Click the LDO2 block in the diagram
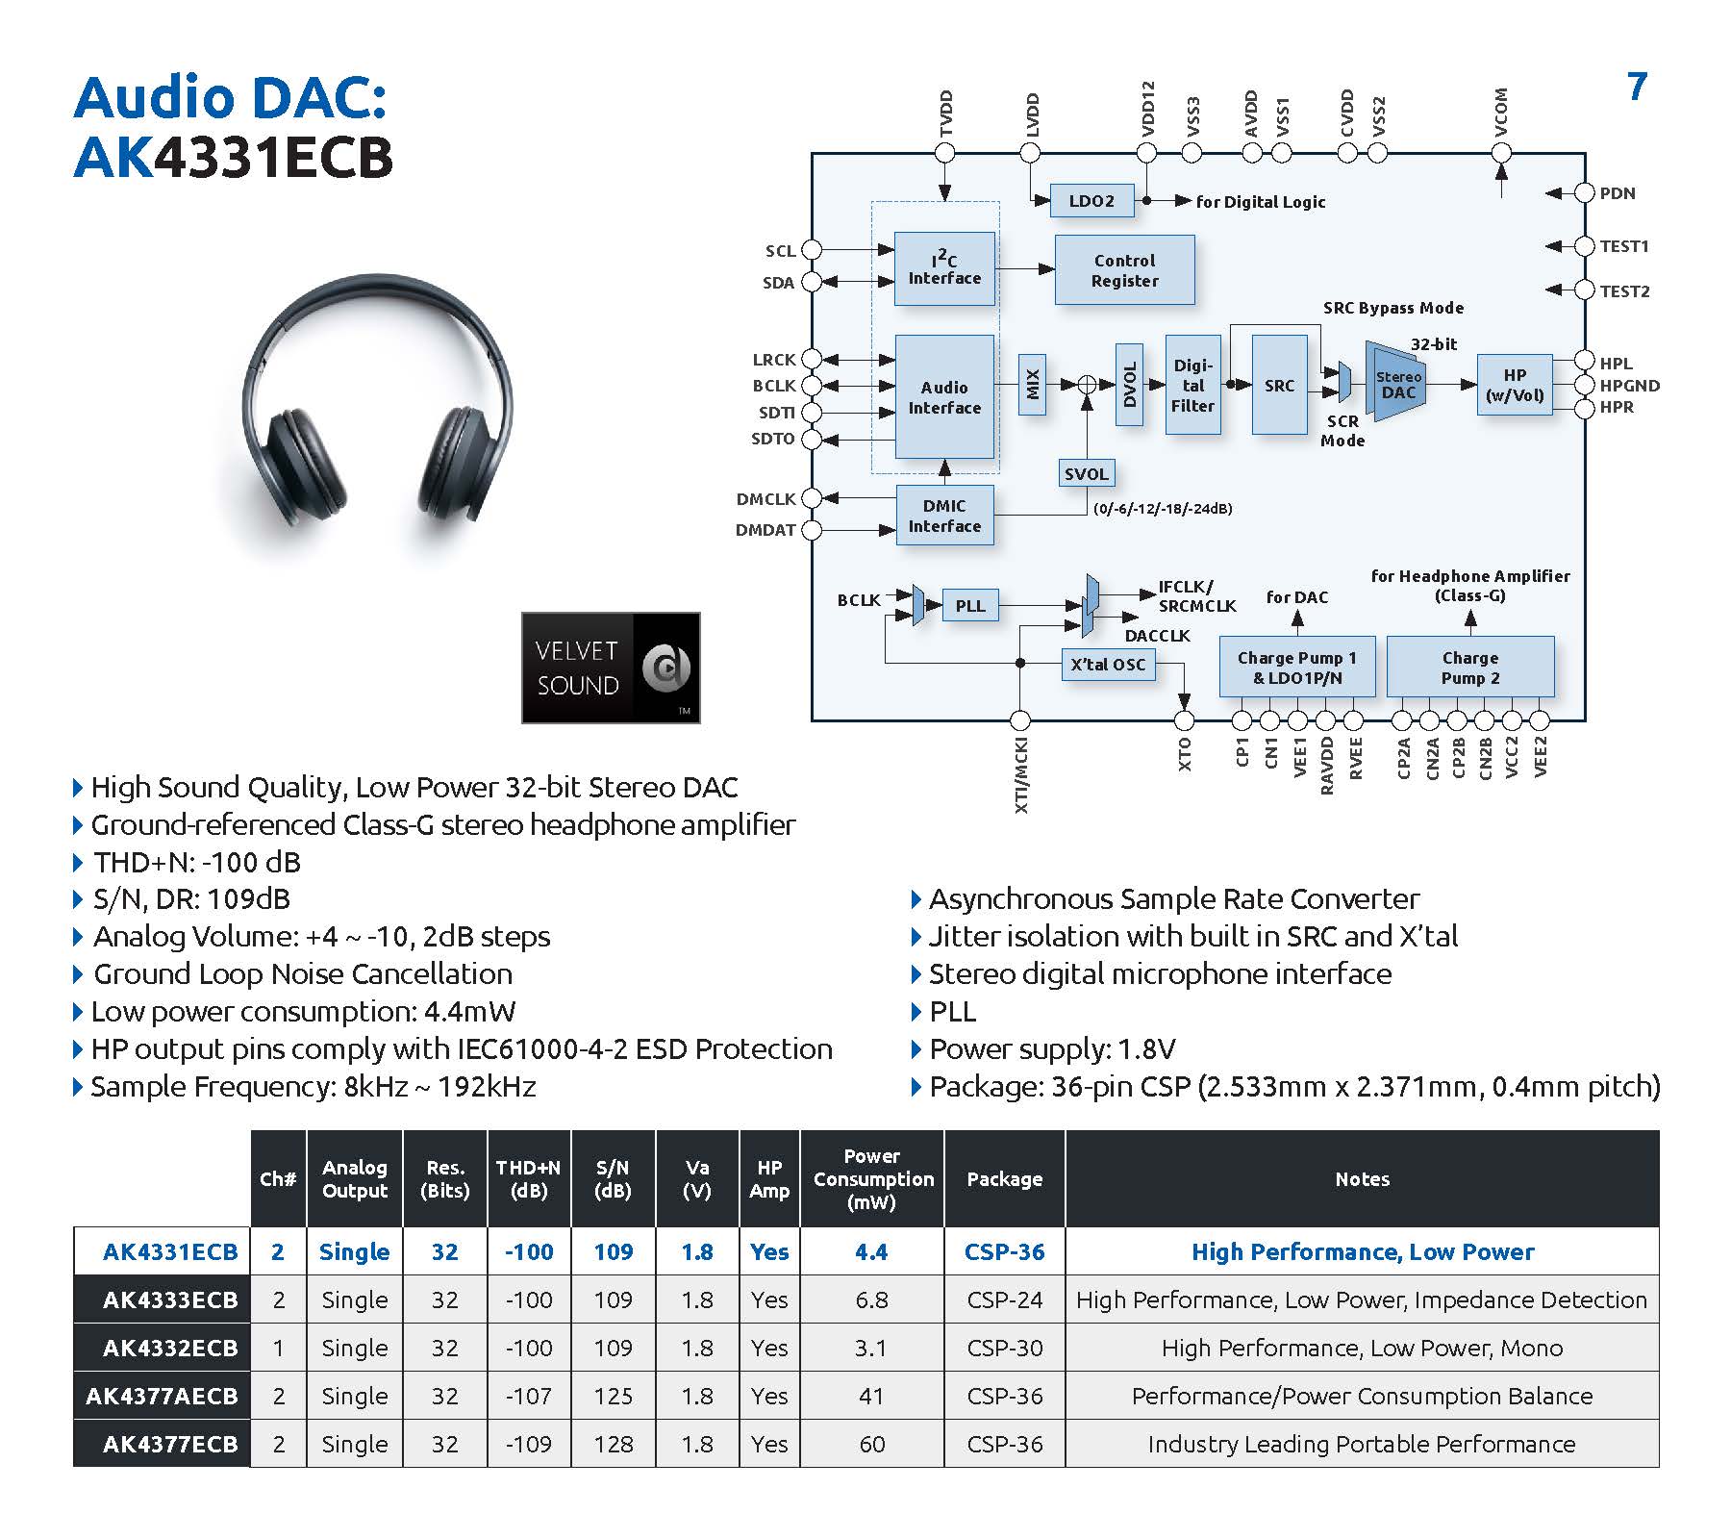coord(1091,201)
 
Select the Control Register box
coord(1124,270)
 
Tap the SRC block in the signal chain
coord(1279,385)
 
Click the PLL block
coord(969,606)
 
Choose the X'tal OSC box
coord(1108,665)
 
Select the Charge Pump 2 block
coord(1469,668)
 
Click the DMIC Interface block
coord(944,517)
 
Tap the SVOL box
coord(1086,473)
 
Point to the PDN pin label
coord(1618,193)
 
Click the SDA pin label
coord(779,283)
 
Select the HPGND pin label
coord(1629,386)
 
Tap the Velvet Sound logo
coord(611,668)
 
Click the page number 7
coord(1637,88)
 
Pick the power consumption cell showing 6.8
coord(871,1299)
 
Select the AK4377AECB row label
coord(162,1396)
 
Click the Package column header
coord(1004,1179)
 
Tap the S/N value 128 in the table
coord(613,1444)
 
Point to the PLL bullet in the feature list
coord(952,1012)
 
